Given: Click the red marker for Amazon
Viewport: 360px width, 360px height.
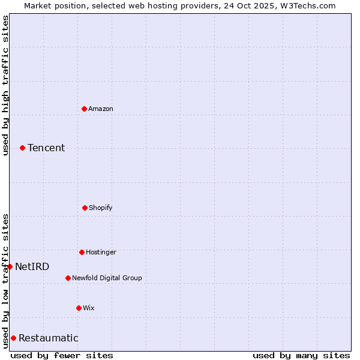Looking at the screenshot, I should [84, 109].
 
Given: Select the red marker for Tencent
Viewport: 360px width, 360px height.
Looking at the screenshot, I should [22, 148].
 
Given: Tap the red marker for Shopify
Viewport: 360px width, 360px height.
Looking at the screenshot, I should [85, 208].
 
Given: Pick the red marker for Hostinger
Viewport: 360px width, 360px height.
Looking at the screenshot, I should [82, 252].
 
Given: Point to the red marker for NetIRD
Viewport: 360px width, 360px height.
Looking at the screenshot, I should [10, 266].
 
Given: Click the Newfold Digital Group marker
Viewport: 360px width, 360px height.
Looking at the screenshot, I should [68, 278].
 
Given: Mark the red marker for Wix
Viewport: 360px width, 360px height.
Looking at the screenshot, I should [79, 308].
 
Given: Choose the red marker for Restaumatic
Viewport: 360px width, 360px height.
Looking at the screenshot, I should [13, 338].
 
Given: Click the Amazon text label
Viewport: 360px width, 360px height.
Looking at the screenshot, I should [101, 109].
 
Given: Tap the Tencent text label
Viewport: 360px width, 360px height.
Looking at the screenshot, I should [46, 148].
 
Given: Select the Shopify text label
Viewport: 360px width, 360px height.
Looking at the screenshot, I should [101, 208].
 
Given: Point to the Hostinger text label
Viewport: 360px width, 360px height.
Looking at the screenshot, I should [101, 252].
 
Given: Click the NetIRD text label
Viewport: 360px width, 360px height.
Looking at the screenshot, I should [32, 266].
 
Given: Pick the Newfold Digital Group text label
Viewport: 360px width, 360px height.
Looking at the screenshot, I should [107, 278].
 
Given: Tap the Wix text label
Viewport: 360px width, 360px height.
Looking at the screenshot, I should [89, 308].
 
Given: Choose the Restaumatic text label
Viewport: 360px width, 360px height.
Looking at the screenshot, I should [49, 338].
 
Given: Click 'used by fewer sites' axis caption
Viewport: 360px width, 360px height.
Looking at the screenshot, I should [62, 355].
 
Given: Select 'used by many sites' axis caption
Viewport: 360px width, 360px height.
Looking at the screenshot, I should [301, 355].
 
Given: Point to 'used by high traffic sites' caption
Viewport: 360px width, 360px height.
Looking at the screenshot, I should [5, 85].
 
